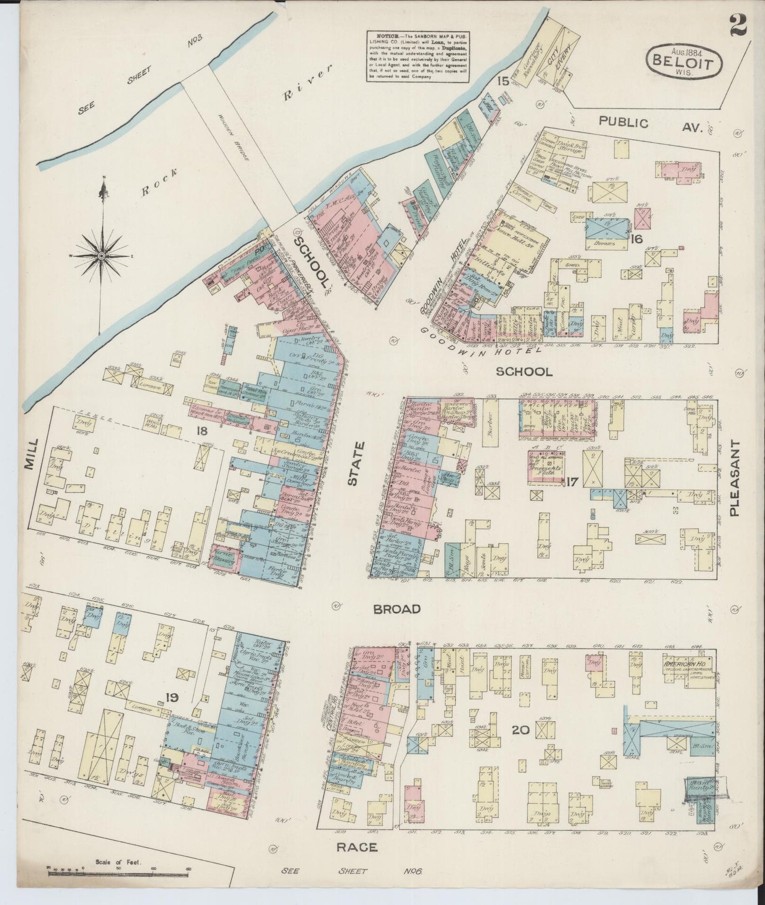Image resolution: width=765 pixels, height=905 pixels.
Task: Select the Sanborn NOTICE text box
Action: [x=418, y=56]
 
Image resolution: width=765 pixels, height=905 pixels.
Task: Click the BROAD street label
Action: [x=397, y=609]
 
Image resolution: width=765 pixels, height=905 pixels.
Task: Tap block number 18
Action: [x=201, y=431]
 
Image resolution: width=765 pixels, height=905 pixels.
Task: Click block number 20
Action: [x=520, y=730]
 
